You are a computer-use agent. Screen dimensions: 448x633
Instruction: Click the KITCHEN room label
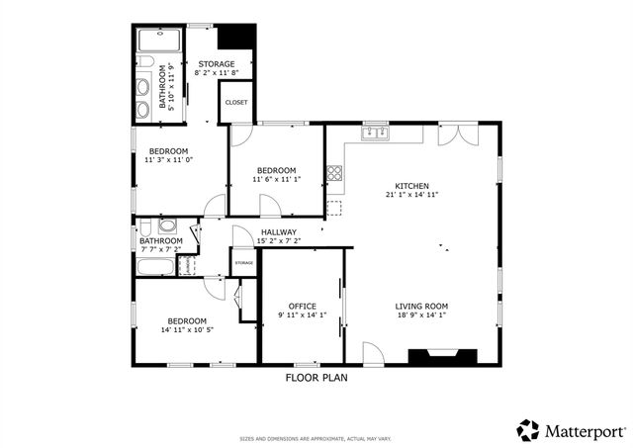[x=411, y=186]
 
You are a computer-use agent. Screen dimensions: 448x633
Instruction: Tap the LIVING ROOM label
[x=422, y=306]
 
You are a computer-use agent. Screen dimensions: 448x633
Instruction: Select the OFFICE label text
[x=302, y=306]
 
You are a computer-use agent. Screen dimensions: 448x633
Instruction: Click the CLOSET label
[x=236, y=102]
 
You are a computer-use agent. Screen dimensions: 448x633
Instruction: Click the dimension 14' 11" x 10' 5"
[x=186, y=329]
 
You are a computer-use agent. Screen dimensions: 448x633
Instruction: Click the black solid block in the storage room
[x=235, y=36]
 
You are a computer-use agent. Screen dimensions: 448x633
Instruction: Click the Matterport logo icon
[x=528, y=430]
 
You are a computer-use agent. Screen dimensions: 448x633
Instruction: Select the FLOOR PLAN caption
[x=316, y=378]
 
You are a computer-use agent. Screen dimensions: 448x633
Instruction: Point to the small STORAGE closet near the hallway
[x=243, y=262]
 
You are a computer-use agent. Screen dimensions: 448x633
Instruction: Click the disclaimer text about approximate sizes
[x=316, y=439]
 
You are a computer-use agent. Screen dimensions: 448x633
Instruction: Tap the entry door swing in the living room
[x=371, y=352]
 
